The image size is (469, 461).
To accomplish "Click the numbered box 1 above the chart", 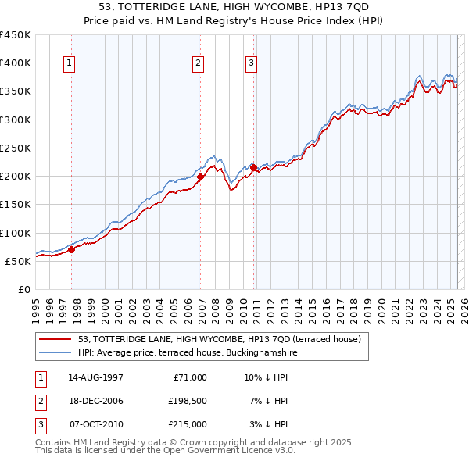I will (x=70, y=63).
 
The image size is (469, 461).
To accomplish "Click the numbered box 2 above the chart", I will (x=199, y=63).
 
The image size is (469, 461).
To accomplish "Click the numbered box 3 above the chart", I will (x=251, y=63).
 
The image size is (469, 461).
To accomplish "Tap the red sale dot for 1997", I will (x=71, y=250).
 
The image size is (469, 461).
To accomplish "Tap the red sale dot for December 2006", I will (x=201, y=177).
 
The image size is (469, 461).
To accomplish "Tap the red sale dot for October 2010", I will (x=253, y=167).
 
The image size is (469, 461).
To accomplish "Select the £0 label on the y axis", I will (x=23, y=289).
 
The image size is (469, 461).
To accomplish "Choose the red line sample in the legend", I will (x=55, y=339).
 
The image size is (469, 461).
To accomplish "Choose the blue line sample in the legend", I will (x=55, y=353).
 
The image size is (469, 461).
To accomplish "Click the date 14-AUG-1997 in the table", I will (x=96, y=377).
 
